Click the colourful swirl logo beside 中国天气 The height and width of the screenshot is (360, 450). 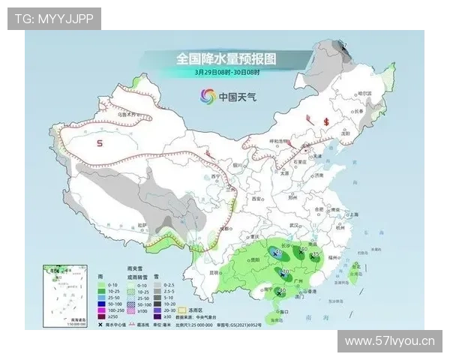208,96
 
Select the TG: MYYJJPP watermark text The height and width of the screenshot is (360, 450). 54,18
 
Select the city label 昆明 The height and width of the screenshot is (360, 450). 214,271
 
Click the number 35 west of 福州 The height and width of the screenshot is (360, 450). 315,255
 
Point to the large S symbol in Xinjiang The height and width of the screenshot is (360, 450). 99,142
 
